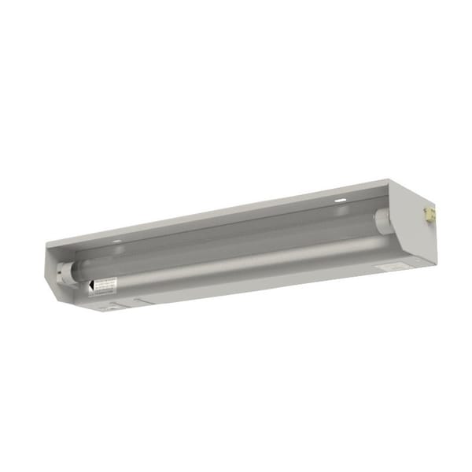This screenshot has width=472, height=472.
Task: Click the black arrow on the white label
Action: tap(92, 285)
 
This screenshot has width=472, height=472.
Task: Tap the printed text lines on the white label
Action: tap(106, 284)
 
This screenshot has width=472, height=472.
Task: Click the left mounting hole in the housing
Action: tap(116, 242)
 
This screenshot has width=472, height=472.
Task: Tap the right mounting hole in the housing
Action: tap(339, 201)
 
